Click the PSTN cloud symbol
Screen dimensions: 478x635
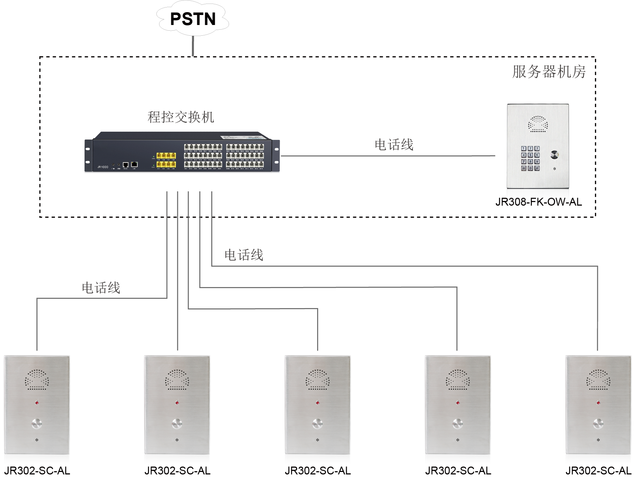tap(193, 19)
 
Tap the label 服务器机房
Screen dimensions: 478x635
tap(549, 72)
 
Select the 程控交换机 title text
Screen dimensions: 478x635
tap(181, 117)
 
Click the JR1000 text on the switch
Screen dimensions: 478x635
tap(103, 167)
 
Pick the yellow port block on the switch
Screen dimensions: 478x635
tap(166, 160)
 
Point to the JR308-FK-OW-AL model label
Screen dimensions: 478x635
tap(538, 202)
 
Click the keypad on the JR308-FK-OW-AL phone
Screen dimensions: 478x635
tap(530, 158)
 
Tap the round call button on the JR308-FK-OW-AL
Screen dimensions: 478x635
tap(554, 155)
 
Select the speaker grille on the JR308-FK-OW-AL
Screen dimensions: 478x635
tap(538, 124)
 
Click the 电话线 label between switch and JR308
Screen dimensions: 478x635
tap(394, 145)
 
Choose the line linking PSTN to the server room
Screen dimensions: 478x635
tap(193, 46)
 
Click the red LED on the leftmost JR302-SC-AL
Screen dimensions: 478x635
tap(37, 403)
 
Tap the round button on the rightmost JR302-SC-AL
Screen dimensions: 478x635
tap(598, 424)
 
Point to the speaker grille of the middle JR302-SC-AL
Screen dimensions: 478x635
tap(317, 379)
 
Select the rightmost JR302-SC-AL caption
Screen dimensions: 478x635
tap(598, 471)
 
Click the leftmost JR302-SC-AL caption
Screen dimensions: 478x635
tap(37, 471)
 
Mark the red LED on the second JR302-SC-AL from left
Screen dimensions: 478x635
tap(177, 403)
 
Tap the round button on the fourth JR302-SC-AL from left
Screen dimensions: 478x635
tap(458, 424)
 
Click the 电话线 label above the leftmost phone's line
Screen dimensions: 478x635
tap(101, 288)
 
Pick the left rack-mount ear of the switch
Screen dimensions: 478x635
tap(88, 156)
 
